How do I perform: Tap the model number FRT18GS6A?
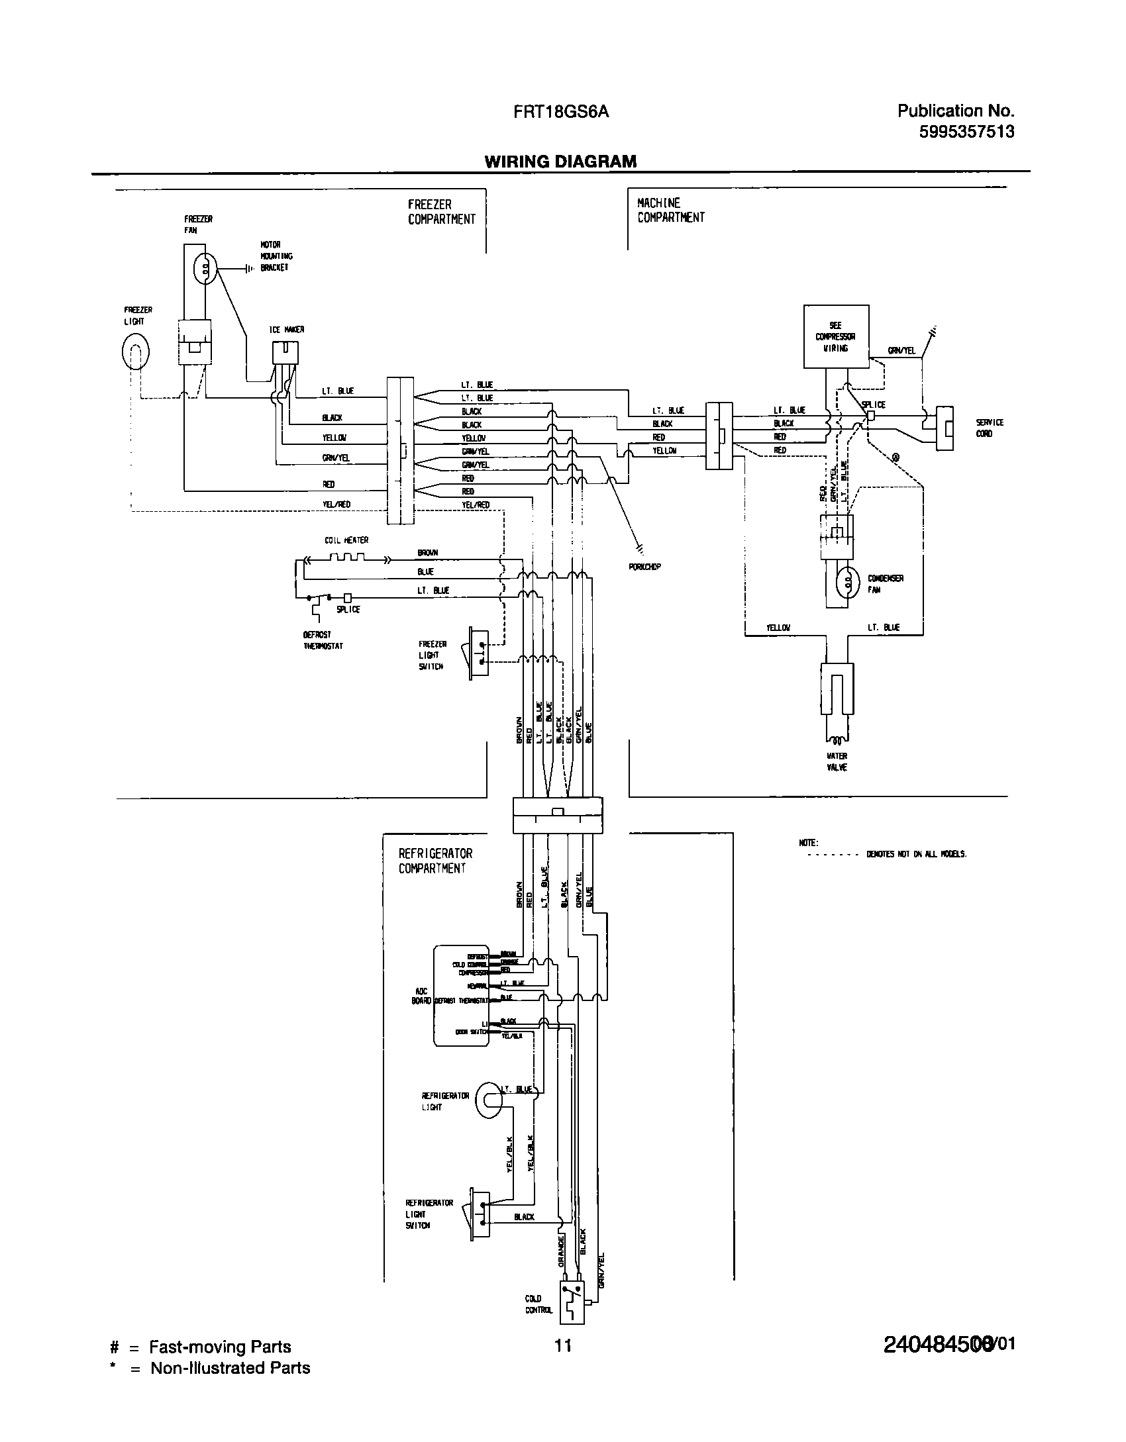click(560, 113)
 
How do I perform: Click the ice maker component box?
click(285, 352)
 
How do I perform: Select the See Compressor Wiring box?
click(836, 336)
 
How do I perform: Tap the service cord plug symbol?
click(945, 428)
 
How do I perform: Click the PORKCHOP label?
click(645, 567)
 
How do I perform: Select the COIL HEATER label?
click(346, 540)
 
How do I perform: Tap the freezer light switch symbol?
click(479, 651)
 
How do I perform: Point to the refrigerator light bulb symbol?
click(488, 1100)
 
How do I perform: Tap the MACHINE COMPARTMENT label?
click(670, 211)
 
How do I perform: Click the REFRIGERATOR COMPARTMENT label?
click(435, 861)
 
